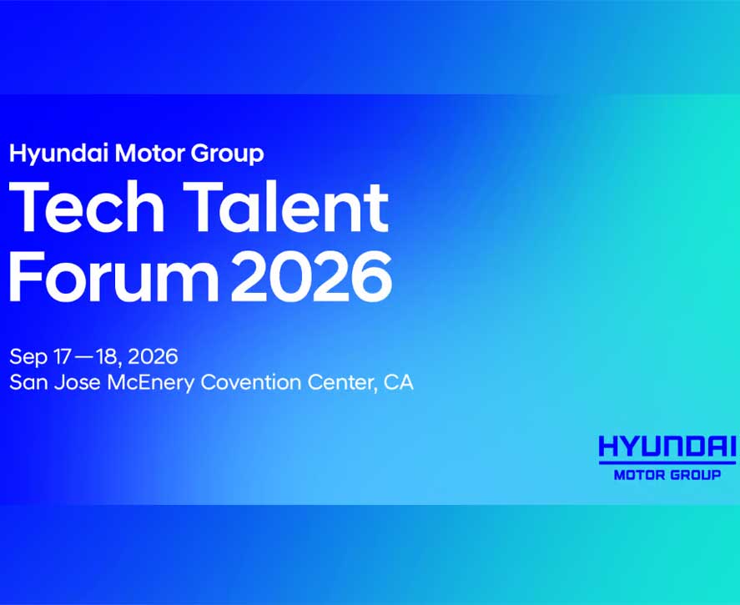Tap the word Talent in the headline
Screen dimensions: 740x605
tap(286, 207)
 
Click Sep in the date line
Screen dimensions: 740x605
tap(28, 357)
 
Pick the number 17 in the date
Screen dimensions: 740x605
tap(62, 357)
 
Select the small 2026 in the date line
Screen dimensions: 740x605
tap(153, 357)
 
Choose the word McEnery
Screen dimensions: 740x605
tap(150, 383)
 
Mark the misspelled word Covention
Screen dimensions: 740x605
tap(250, 382)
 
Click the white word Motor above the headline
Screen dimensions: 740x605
tap(149, 153)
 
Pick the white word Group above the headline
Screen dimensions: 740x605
tap(227, 154)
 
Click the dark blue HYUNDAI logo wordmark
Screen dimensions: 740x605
tap(667, 446)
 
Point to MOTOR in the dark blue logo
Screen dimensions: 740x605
tap(639, 475)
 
